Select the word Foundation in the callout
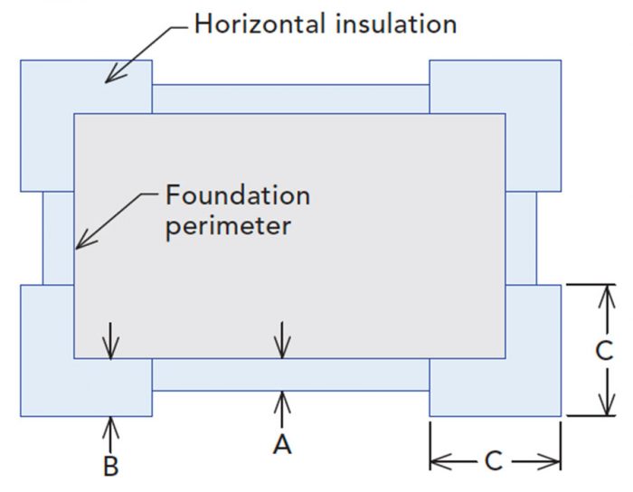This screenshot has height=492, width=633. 237,195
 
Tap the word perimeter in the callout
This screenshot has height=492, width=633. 229,224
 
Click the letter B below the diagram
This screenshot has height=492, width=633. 110,467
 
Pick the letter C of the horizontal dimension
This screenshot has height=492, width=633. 494,461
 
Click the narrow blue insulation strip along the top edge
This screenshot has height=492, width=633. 289,99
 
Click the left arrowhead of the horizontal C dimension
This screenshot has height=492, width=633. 435,462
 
